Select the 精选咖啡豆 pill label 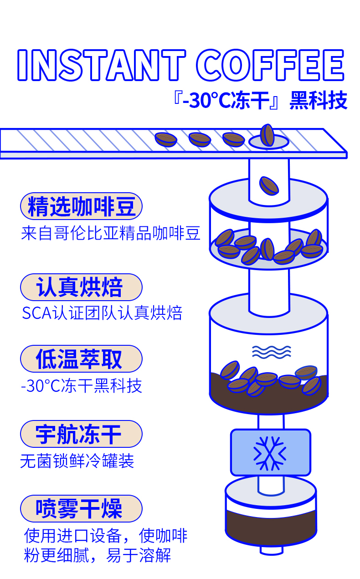point(82,206)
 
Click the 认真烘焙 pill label point(82,287)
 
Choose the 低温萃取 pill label point(82,359)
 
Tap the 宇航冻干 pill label point(82,434)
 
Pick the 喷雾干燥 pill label point(82,508)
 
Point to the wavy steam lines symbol point(271,351)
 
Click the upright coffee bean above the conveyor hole point(267,135)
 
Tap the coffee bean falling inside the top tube point(269,185)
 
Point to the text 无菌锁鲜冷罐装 point(77,461)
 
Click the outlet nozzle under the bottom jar point(271,550)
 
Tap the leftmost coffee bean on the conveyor point(165,139)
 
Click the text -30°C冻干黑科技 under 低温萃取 point(82,386)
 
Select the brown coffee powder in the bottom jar point(271,526)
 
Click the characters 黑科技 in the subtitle point(319,101)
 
